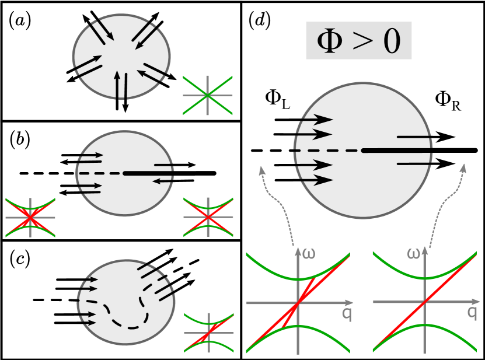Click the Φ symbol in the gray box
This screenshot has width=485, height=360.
click(330, 41)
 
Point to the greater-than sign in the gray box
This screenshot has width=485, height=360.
click(360, 42)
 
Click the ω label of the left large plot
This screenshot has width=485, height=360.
click(309, 253)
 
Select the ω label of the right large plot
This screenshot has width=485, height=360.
click(414, 253)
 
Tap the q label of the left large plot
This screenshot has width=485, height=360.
click(347, 313)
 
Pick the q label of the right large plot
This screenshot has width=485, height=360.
click(472, 312)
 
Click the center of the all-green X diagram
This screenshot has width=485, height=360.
click(207, 95)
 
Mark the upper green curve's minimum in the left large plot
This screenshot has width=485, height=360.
click(298, 279)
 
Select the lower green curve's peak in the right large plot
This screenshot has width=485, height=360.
click(425, 324)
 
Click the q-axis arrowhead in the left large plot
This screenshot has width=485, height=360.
click(350, 303)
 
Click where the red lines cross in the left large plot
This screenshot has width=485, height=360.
click(298, 303)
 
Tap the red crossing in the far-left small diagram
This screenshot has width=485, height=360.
click(30, 218)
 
